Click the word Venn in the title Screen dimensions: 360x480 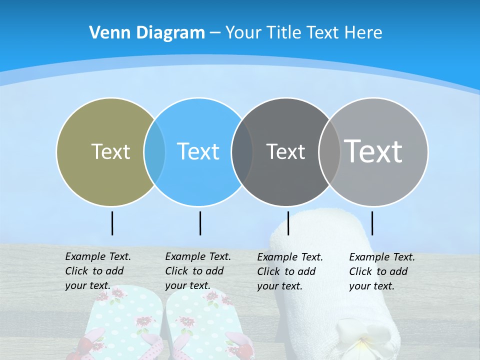pos(103,33)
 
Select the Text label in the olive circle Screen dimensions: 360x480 pos(110,151)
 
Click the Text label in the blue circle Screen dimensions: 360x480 pos(198,151)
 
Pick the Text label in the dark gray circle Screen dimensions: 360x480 pos(285,151)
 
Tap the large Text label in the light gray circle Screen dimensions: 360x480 pos(373,151)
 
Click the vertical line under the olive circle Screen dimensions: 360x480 pos(112,223)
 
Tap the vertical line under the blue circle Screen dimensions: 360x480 pos(200,223)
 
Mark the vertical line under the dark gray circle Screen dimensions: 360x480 pos(288,223)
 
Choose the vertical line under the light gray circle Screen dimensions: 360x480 pos(372,223)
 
